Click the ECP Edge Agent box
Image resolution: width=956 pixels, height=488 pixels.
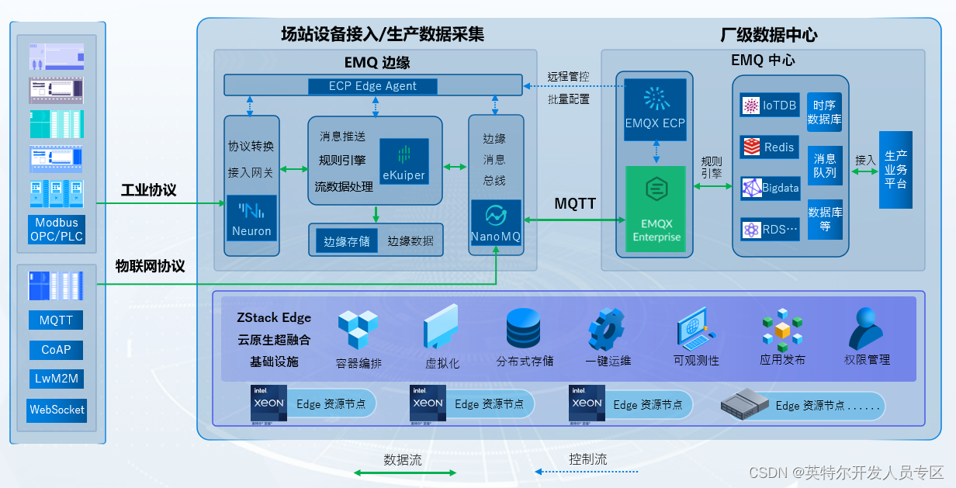[x=372, y=86]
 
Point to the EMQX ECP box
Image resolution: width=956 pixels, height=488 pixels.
[x=656, y=109]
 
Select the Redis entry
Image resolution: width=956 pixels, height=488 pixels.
[x=769, y=147]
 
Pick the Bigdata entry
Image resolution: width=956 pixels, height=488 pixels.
[x=769, y=188]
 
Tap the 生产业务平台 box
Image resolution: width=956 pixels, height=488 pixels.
[x=895, y=170]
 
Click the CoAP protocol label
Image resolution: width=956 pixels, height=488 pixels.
[x=56, y=350]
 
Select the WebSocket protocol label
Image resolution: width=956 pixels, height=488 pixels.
[x=57, y=410]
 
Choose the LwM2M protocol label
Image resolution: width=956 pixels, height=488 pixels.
[x=57, y=379]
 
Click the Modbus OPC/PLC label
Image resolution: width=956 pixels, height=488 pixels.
[x=56, y=230]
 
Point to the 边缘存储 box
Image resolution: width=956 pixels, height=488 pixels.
[x=346, y=241]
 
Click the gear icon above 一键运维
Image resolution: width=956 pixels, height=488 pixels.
[x=606, y=329]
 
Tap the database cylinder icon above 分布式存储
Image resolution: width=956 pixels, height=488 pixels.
[x=523, y=328]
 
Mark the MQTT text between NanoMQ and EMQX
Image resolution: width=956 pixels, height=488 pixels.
[x=575, y=204]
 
